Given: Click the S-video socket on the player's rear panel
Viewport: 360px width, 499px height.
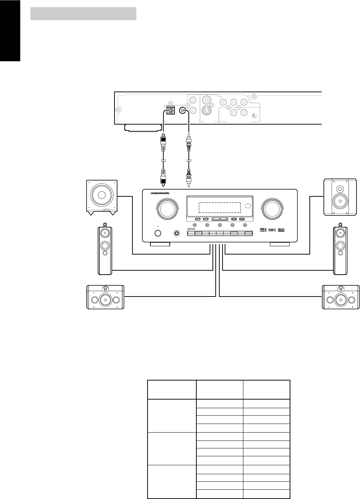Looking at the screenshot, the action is pyautogui.click(x=207, y=110).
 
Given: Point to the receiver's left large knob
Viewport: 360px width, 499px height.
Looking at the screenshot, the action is pyautogui.click(x=167, y=209).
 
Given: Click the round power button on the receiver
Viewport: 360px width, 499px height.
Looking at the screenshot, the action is pyautogui.click(x=158, y=233).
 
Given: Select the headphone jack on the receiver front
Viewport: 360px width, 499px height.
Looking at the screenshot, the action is pyautogui.click(x=177, y=233).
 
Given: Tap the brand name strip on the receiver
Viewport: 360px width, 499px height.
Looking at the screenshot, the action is pyautogui.click(x=155, y=196).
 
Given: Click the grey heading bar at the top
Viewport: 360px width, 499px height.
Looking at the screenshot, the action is pyautogui.click(x=83, y=14).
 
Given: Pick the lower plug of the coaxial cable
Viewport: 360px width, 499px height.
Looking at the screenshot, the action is pyautogui.click(x=187, y=177).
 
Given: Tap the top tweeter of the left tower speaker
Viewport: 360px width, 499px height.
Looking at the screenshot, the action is pyautogui.click(x=104, y=232).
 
